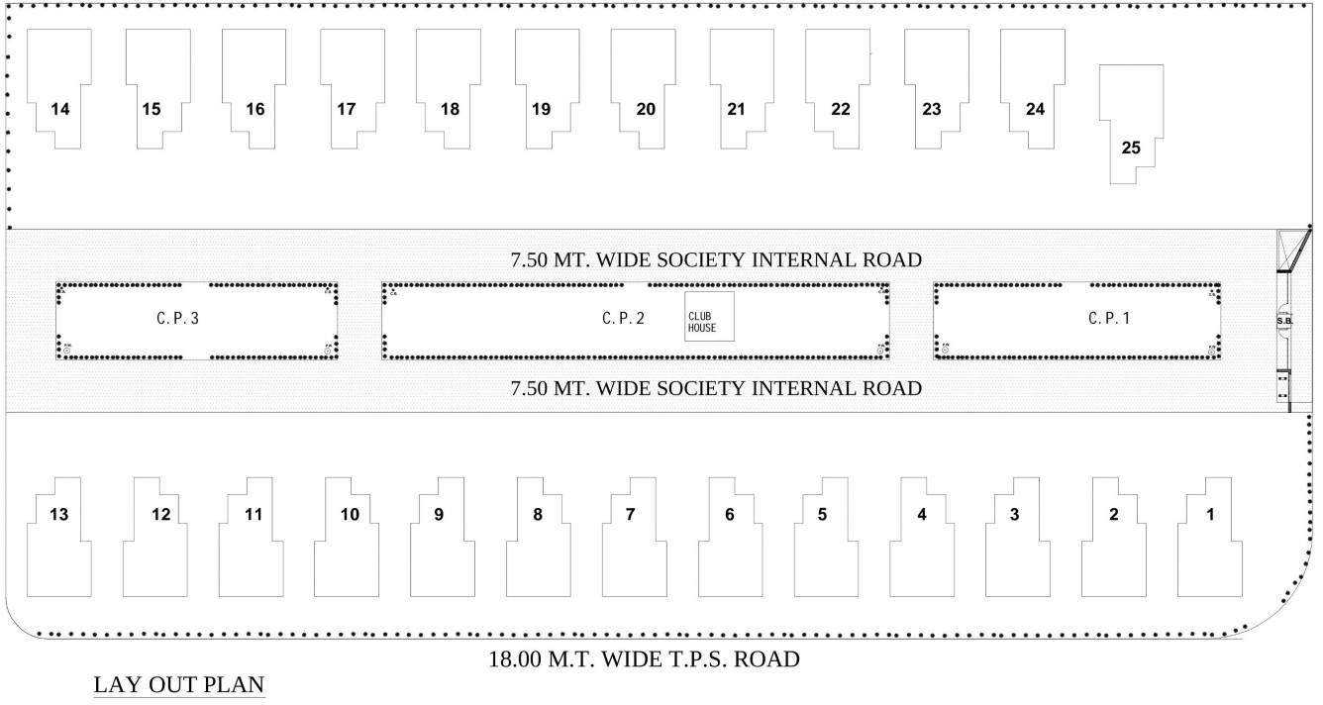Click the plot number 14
coord(59,110)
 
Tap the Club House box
coord(709,317)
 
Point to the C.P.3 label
coord(178,319)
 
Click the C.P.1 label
coord(1109,319)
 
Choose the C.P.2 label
coord(623,319)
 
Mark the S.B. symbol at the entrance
coord(1284,321)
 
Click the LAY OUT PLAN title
coord(179,685)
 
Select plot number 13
coord(59,514)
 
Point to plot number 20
coord(646,110)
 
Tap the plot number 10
coord(349,514)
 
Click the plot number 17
coord(346,110)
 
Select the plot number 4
coord(922,514)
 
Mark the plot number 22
coord(841,110)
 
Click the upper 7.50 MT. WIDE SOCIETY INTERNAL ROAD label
coord(716,260)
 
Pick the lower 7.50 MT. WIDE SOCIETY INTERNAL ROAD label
coord(716,388)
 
